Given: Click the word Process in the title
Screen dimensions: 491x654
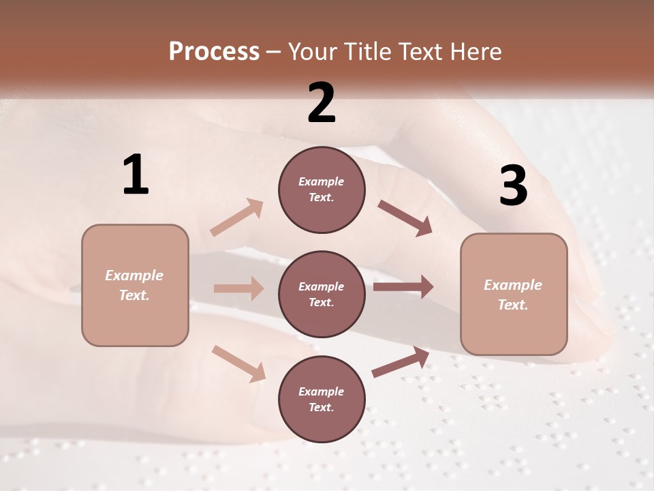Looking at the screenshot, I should tap(214, 52).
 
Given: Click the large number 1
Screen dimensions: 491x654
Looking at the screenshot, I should tap(136, 175).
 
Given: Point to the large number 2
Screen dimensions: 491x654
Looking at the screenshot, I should tap(322, 103).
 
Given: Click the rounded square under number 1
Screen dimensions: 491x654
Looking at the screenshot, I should tap(135, 285).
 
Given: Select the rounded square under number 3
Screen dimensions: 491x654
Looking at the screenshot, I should tap(514, 295).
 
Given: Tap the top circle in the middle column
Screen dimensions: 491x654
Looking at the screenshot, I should tap(322, 190).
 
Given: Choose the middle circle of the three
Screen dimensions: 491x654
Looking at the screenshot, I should tap(322, 294).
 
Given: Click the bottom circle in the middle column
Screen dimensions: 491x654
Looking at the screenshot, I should tap(322, 400).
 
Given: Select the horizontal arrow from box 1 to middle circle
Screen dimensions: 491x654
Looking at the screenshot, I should tap(238, 288).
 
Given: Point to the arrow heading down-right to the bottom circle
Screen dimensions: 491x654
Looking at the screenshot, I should tap(238, 363).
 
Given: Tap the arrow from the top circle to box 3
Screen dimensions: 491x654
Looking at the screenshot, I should tap(405, 218).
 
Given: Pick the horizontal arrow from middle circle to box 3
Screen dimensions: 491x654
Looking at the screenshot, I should tap(403, 287).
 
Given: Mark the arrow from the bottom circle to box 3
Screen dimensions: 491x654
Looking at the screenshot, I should tap(401, 362).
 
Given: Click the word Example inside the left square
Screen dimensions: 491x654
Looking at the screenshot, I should tap(134, 276).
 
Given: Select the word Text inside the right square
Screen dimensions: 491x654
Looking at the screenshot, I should tap(513, 305).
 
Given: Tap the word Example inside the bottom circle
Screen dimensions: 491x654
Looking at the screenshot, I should tap(322, 391).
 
